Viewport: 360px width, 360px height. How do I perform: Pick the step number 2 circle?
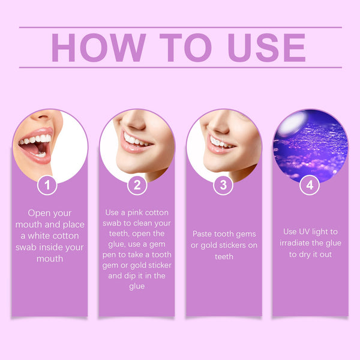coord(137,185)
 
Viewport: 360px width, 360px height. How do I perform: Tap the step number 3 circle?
coord(223,185)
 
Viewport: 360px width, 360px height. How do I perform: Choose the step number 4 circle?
coord(310,185)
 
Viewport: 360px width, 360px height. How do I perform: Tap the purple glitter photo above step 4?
coord(310,147)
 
